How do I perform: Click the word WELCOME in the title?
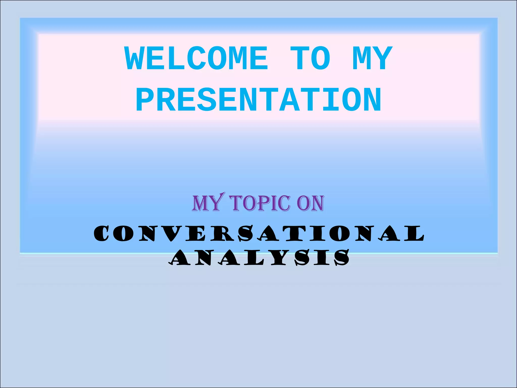(x=196, y=59)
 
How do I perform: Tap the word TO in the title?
(x=310, y=59)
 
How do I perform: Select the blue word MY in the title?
(x=373, y=59)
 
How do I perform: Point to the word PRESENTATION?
(x=259, y=100)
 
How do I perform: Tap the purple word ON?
(x=310, y=203)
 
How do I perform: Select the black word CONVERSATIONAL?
(x=259, y=233)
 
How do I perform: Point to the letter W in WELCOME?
(x=135, y=59)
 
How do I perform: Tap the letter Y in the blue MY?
(x=383, y=59)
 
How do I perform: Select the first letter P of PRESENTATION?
(x=145, y=100)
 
